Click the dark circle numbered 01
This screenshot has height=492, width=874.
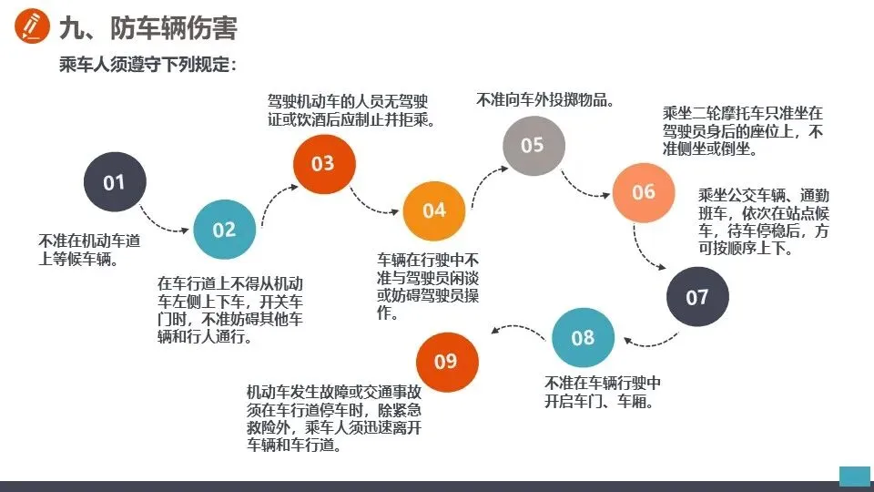pyautogui.click(x=114, y=182)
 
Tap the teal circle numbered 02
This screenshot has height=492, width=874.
pyautogui.click(x=224, y=230)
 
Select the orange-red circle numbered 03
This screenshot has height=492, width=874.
pyautogui.click(x=323, y=164)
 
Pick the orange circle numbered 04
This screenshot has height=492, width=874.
pyautogui.click(x=434, y=210)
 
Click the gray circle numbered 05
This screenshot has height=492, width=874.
pyautogui.click(x=534, y=145)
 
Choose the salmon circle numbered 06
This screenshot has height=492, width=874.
pyautogui.click(x=644, y=192)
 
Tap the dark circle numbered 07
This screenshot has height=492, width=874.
pyautogui.click(x=697, y=297)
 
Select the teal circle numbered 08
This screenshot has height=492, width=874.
pyautogui.click(x=583, y=338)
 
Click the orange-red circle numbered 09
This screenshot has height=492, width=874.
pyautogui.click(x=446, y=361)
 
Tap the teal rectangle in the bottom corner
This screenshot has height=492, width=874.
pyautogui.click(x=854, y=477)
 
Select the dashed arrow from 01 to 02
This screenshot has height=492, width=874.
pyautogui.click(x=168, y=220)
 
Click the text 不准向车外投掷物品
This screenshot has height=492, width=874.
pyautogui.click(x=544, y=99)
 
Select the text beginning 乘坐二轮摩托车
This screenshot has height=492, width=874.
pyautogui.click(x=743, y=131)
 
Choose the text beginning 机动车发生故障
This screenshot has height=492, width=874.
pyautogui.click(x=336, y=418)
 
